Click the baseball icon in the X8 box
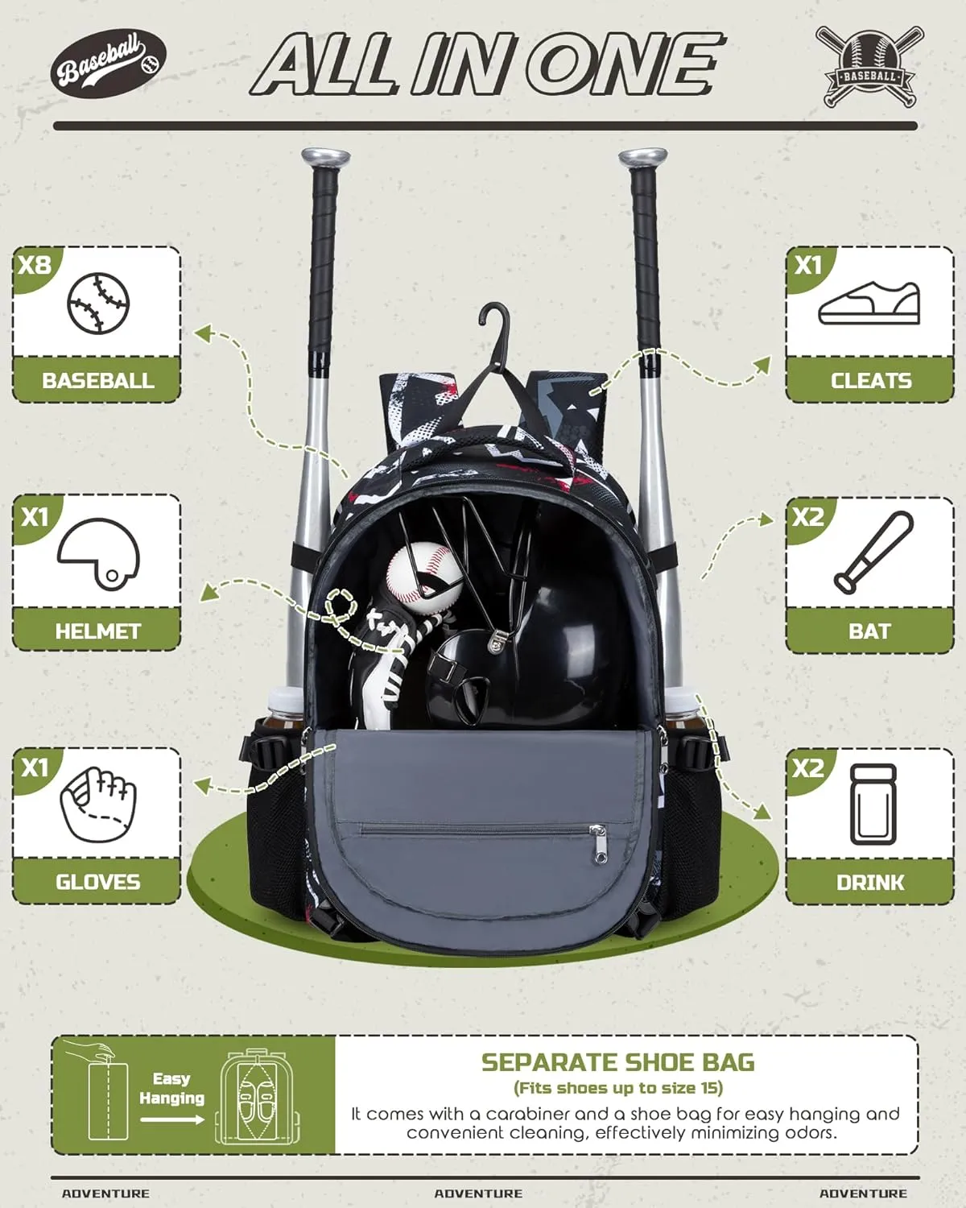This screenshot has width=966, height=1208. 98,304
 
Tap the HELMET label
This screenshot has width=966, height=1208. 97,631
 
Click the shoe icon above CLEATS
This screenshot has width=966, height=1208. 869,304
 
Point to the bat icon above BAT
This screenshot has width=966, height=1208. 873,553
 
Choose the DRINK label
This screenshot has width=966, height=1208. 870,883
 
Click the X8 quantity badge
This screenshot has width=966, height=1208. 34,265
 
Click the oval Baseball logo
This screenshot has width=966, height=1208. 109,64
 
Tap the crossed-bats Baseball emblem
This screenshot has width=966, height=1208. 869,66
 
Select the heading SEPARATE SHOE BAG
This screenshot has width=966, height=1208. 617,1062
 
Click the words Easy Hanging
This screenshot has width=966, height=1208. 171,1088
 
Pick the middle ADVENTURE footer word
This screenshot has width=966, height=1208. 478,1194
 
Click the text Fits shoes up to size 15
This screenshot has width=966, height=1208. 617,1088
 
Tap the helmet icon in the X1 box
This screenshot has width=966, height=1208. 98,553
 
